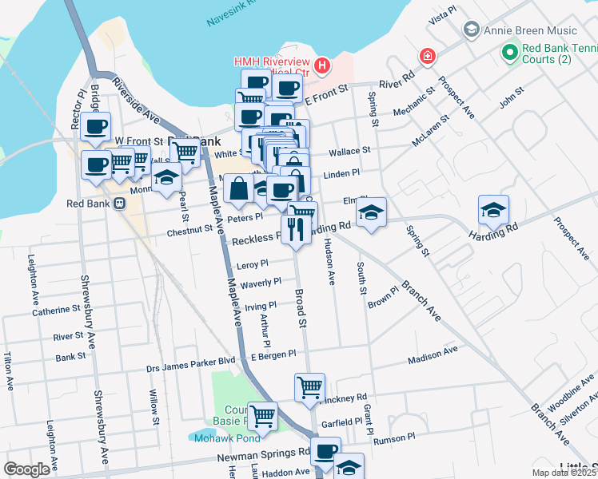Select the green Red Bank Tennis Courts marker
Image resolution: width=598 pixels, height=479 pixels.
point(509,53)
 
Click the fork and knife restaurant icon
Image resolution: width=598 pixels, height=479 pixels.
point(295,230)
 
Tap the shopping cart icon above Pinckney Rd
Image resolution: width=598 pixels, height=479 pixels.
point(309,388)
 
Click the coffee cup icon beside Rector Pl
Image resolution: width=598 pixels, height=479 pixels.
point(96,126)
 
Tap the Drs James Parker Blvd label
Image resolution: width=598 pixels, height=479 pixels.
point(190,361)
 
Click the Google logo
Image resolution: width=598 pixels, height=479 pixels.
point(26,469)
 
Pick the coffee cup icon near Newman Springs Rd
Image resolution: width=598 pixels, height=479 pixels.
point(325,451)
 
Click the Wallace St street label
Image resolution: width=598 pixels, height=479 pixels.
point(349,150)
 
